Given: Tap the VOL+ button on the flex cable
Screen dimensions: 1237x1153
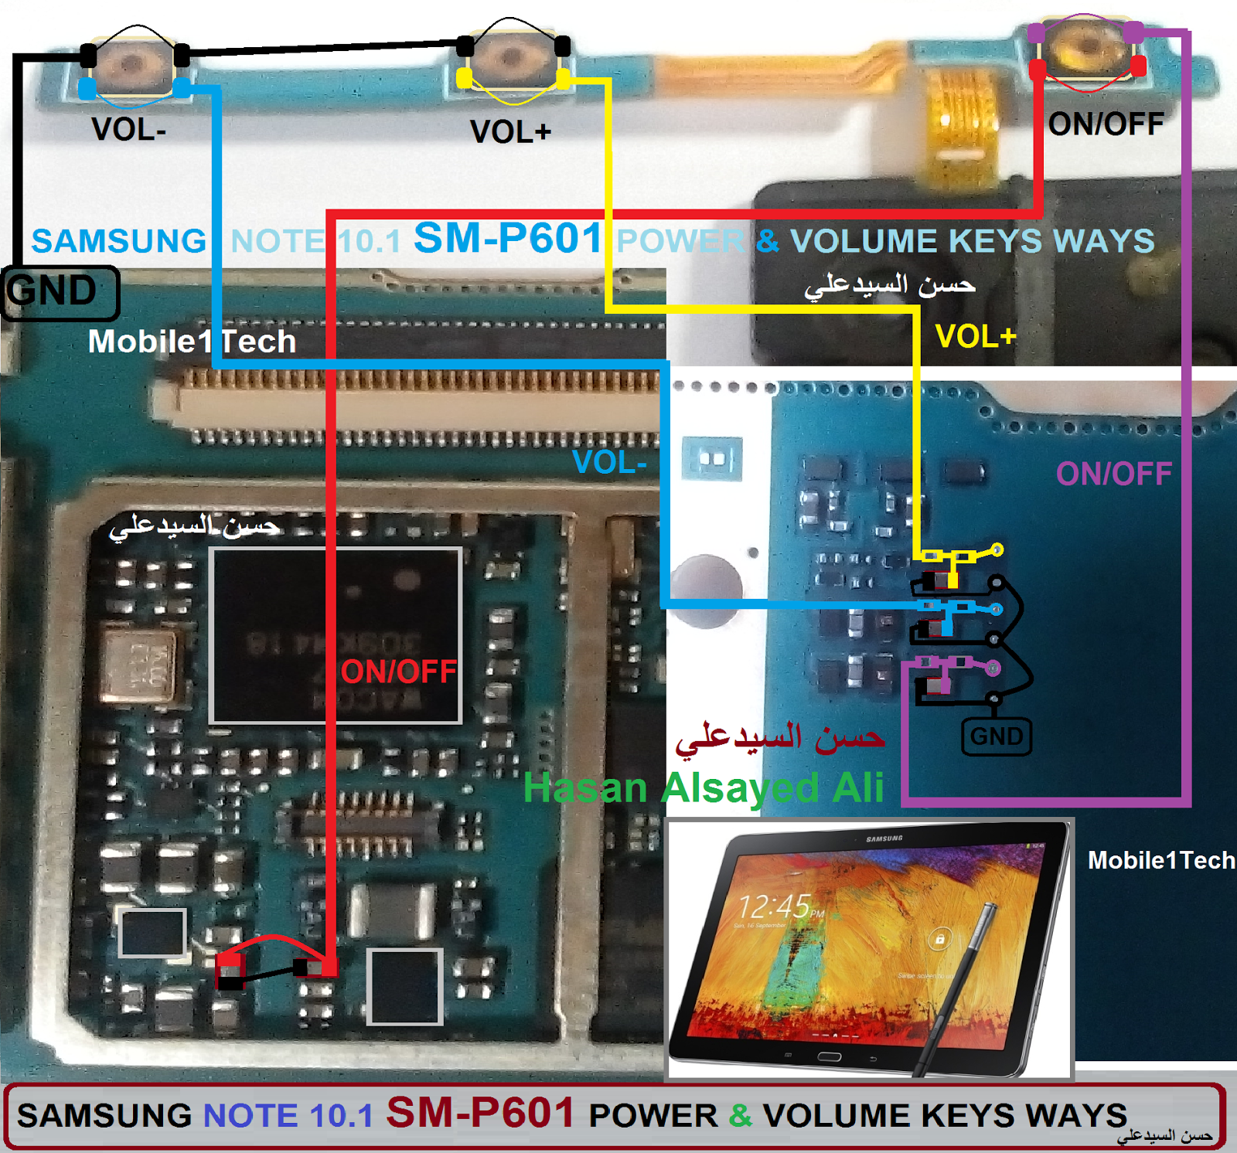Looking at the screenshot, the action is [x=512, y=59].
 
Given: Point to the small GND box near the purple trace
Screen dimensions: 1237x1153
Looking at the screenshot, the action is [x=997, y=736].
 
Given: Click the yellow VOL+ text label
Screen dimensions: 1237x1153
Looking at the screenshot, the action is [x=975, y=337].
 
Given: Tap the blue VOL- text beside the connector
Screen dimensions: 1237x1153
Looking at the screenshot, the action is [x=609, y=463].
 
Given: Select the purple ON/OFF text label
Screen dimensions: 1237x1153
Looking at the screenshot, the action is [x=1113, y=474].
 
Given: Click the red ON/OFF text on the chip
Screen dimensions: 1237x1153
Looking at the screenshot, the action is [x=398, y=672].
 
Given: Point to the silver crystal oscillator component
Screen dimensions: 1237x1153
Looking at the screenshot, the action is [x=141, y=666].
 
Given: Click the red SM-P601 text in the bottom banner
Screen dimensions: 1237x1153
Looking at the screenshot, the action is [x=480, y=1113].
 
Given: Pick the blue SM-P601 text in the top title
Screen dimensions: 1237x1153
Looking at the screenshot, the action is [x=507, y=238].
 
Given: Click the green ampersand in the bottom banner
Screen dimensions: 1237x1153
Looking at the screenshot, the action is [x=740, y=1115].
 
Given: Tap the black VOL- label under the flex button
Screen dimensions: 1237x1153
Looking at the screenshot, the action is [x=128, y=130].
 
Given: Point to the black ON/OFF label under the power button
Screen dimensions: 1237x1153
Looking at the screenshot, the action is [x=1106, y=124].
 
